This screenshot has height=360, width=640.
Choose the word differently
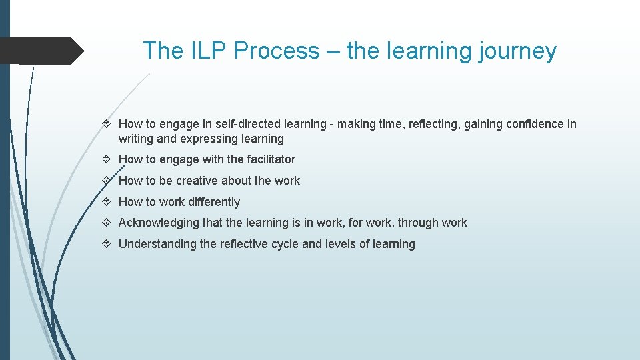pyautogui.click(x=211, y=202)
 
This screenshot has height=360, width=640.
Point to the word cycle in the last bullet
pyautogui.click(x=284, y=244)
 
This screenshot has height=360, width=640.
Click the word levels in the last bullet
pyautogui.click(x=340, y=244)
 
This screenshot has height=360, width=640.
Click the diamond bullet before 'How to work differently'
pyautogui.click(x=109, y=202)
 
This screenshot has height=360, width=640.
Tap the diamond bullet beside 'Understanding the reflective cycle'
pyautogui.click(x=109, y=244)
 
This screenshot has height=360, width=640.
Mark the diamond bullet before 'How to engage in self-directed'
pyautogui.click(x=109, y=124)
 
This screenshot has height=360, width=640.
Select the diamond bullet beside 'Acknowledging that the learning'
pyautogui.click(x=109, y=223)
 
